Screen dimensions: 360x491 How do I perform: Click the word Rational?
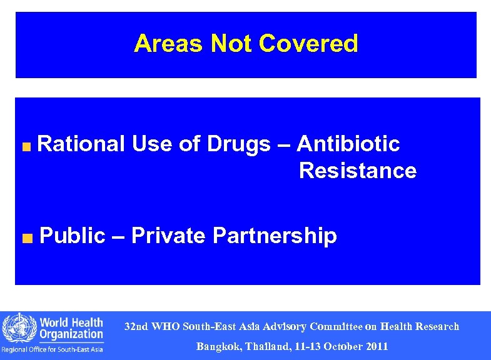81,144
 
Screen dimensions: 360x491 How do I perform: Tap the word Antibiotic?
348,144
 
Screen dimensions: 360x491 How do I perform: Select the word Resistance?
358,171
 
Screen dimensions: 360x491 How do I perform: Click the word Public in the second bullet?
72,236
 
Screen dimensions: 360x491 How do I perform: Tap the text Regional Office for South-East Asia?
53,349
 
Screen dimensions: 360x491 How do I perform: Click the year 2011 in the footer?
375,346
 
